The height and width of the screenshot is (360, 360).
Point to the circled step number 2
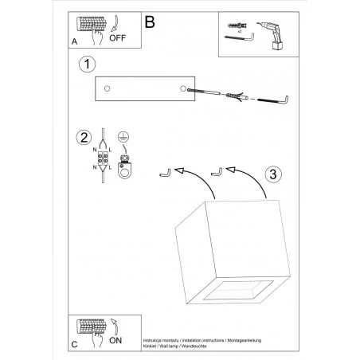[83, 137]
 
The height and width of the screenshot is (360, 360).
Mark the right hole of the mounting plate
[185, 88]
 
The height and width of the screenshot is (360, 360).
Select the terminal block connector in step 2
[104, 156]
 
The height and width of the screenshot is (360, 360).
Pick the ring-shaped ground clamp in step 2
[125, 168]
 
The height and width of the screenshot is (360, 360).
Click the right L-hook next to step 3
[215, 171]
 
